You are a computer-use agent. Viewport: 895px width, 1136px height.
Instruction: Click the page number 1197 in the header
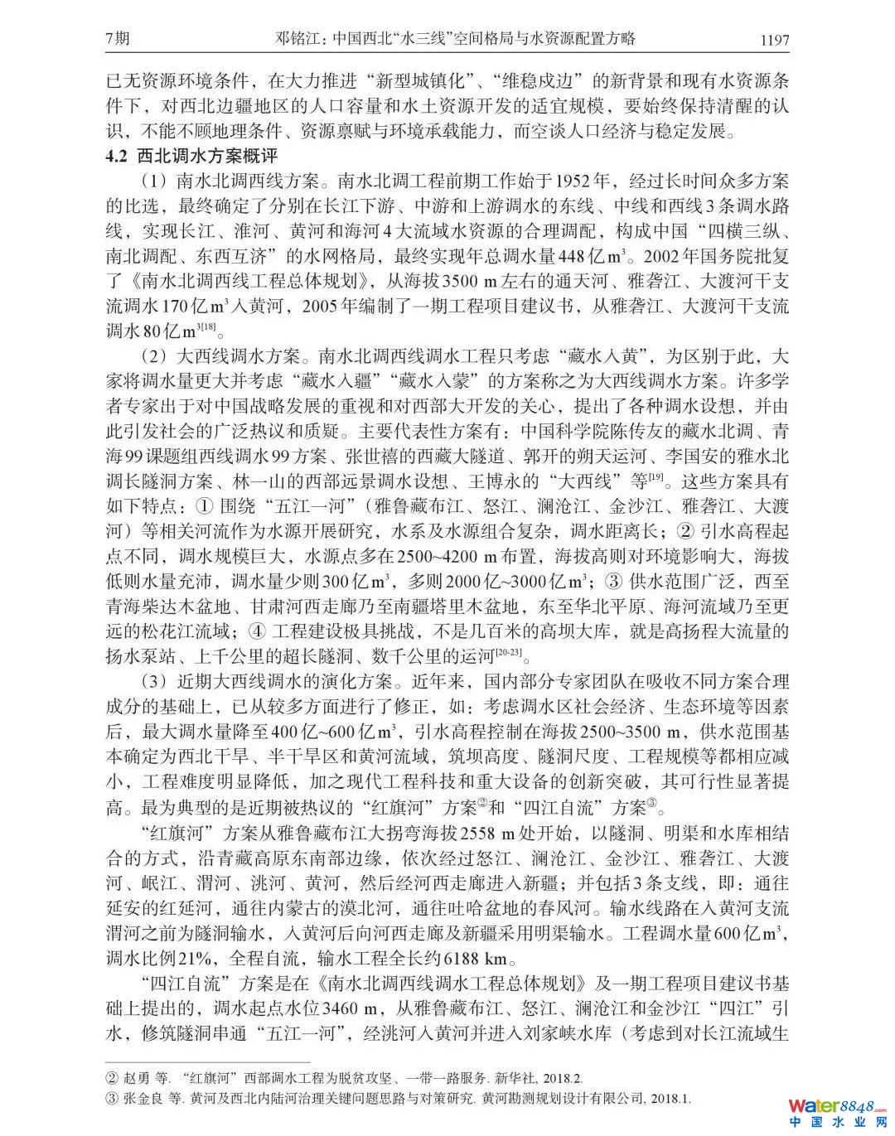[772, 39]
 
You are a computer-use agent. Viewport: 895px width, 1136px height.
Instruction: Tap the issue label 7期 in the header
[119, 38]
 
